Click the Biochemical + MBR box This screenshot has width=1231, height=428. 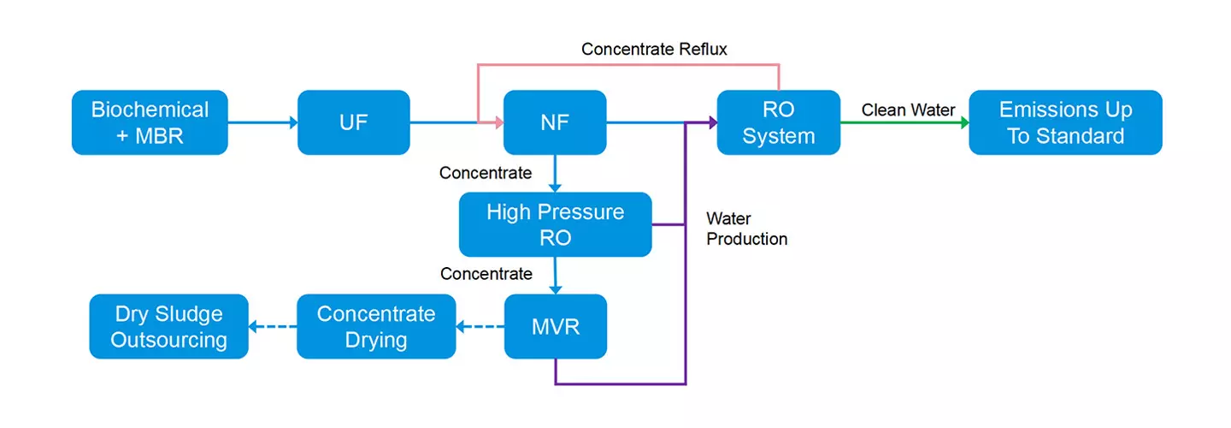[150, 122]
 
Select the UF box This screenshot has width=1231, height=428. [353, 122]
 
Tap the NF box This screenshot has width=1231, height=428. [555, 122]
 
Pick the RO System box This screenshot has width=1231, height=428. [778, 122]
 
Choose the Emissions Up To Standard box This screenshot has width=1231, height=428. [1065, 122]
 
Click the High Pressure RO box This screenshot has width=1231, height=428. [555, 224]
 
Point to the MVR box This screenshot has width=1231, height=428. [555, 326]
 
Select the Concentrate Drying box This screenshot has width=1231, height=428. [375, 326]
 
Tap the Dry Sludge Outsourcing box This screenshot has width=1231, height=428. [168, 326]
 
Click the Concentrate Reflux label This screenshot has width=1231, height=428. [654, 50]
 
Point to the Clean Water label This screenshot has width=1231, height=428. [908, 110]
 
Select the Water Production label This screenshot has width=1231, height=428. [746, 229]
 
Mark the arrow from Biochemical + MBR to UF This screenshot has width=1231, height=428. [262, 123]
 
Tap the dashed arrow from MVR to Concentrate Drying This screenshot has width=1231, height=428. [480, 327]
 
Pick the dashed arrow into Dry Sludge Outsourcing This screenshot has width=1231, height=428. [273, 327]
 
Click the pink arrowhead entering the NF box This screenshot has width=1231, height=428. [496, 123]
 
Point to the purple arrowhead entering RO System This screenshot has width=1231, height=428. [710, 123]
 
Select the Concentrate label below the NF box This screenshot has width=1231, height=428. [486, 173]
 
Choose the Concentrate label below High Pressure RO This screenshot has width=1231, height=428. [486, 274]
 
